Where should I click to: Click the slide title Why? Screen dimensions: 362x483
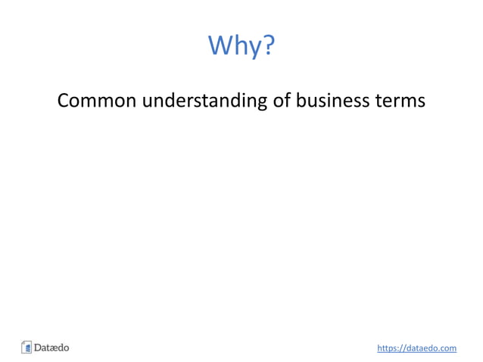[x=241, y=46]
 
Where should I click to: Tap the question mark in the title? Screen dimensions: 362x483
[x=266, y=45]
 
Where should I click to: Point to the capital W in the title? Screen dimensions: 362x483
[x=220, y=45]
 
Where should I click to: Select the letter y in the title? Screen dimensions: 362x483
[x=254, y=48]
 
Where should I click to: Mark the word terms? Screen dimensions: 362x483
[x=400, y=101]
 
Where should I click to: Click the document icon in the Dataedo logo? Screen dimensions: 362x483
[x=26, y=348]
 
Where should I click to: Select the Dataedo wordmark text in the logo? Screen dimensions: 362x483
[x=51, y=348]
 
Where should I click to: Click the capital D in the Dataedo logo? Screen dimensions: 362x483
[x=38, y=348]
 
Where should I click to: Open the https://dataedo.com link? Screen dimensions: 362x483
[x=416, y=348]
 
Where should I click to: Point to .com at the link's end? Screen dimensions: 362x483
[x=447, y=348]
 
